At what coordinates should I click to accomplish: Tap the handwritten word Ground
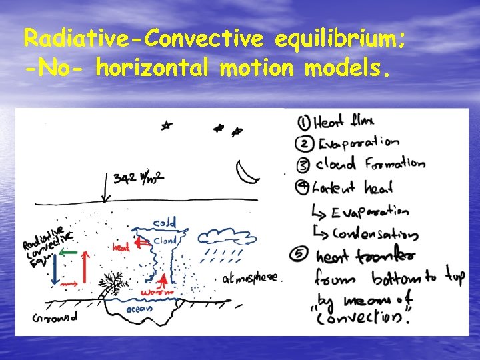coord(55,317)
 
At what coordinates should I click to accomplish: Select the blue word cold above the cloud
coord(165,222)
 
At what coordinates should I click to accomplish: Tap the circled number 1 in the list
coord(303,122)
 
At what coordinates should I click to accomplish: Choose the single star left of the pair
coord(165,125)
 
